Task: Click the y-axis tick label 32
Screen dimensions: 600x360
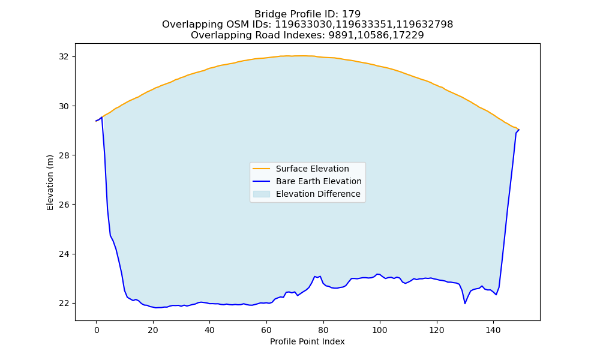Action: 64,56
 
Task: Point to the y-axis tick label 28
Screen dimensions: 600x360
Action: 64,155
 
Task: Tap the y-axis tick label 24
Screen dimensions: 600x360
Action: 64,254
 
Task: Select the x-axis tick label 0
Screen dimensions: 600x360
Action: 97,330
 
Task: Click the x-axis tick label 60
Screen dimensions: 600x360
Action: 266,330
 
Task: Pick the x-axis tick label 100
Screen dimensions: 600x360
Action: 380,330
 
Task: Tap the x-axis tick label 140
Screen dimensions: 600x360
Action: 493,330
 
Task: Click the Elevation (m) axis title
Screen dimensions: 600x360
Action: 50,182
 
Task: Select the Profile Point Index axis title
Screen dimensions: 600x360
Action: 307,341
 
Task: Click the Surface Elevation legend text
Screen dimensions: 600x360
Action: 312,169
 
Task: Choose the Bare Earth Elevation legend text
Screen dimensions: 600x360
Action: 319,181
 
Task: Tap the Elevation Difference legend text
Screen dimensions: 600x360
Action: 318,194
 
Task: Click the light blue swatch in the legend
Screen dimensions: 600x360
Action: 262,194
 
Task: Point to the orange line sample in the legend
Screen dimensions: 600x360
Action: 262,169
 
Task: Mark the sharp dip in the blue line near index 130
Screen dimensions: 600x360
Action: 465,304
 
